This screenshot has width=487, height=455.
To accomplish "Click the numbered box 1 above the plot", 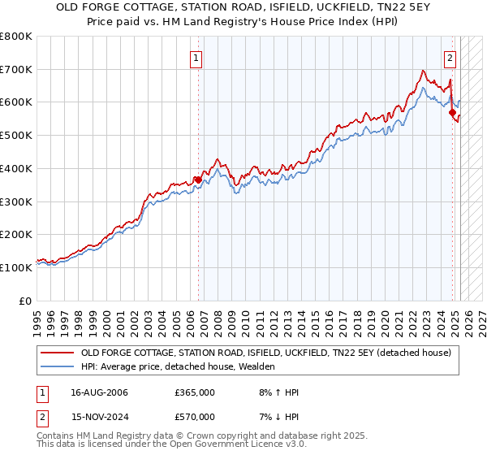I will pos(196,58).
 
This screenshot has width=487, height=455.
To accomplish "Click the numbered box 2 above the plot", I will pos(450,58).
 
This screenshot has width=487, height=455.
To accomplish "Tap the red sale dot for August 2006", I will pos(198,180).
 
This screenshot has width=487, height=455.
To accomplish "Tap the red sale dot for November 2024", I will pos(452,112).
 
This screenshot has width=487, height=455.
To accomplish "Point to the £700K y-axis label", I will pos(16,70).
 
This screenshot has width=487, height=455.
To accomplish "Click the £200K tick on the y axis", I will pos(16,235).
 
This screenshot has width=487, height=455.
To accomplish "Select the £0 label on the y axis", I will pos(25,301).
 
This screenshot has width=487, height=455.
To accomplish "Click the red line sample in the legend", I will pos(57,353).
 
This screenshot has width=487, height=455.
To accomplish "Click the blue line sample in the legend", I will pos(57,366).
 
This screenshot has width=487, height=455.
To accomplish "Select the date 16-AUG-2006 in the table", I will pos(100,392).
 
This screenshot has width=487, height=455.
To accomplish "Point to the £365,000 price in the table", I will pos(195,392).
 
